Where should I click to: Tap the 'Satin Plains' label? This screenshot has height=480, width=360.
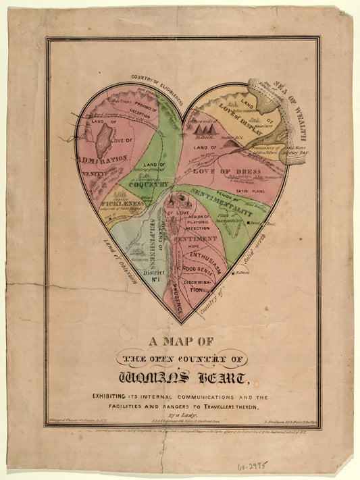coord(250,190)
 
